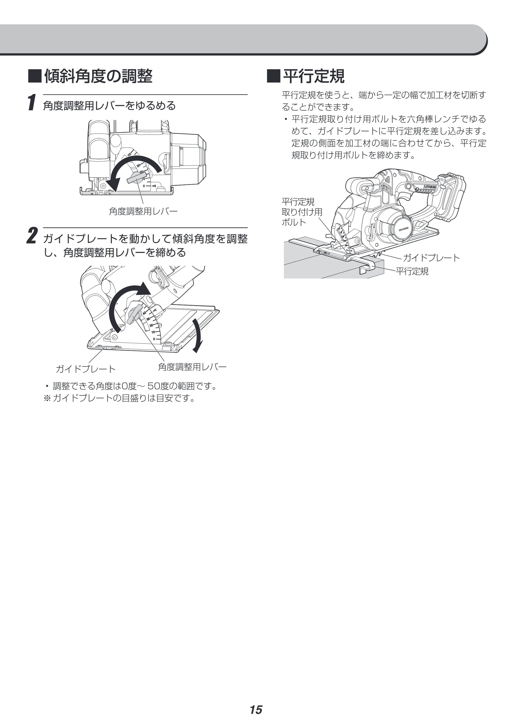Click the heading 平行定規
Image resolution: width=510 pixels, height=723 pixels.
pyautogui.click(x=313, y=76)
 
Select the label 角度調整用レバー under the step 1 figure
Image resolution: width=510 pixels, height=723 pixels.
pyautogui.click(x=143, y=211)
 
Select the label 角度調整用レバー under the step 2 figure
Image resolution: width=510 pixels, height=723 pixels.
pyautogui.click(x=192, y=367)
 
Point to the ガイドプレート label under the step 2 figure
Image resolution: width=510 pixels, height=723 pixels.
pyautogui.click(x=86, y=369)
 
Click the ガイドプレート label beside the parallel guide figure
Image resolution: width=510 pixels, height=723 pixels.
pyautogui.click(x=431, y=258)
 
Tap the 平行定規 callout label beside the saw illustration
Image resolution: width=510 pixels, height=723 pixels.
pyautogui.click(x=412, y=271)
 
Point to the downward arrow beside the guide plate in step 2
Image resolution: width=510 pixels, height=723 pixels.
pyautogui.click(x=198, y=335)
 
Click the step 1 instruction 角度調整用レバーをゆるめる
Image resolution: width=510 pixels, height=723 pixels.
pyautogui.click(x=109, y=105)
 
